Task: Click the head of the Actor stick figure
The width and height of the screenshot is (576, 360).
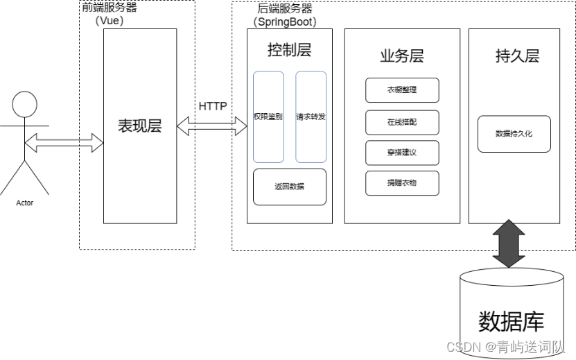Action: tap(26, 106)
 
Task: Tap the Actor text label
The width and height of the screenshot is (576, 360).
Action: tap(25, 203)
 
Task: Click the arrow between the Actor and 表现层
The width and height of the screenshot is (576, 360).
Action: tap(64, 144)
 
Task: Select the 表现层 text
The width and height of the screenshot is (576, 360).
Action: tap(139, 126)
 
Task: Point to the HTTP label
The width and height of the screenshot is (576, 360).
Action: tap(213, 106)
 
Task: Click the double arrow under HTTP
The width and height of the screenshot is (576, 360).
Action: tap(213, 126)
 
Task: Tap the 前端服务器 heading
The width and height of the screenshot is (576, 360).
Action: tap(110, 8)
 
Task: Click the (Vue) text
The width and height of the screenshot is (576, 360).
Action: tap(109, 22)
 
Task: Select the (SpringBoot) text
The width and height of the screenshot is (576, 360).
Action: tap(285, 22)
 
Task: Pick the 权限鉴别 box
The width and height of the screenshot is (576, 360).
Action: tap(268, 117)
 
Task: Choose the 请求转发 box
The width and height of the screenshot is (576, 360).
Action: tap(311, 117)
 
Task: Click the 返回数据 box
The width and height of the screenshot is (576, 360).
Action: tap(289, 187)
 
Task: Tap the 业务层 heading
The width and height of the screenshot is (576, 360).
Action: tap(401, 56)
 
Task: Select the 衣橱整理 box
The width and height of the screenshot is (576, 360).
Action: tap(402, 90)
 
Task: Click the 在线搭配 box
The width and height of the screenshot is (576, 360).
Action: tap(402, 122)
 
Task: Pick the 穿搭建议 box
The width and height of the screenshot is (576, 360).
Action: tap(402, 153)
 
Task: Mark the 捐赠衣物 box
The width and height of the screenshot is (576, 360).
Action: tap(402, 182)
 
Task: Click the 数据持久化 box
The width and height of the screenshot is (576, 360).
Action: tap(514, 133)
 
